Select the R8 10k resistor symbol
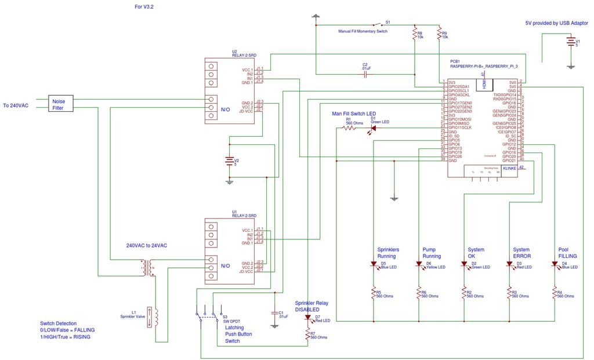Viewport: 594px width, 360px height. (415, 34)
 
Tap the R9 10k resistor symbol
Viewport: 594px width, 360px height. (440, 34)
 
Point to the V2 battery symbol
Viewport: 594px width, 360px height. (230, 161)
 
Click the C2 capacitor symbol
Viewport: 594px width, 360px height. (366, 75)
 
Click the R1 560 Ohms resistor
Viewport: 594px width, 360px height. (349, 128)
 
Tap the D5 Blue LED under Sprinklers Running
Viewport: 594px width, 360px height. (374, 264)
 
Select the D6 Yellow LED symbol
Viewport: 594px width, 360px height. (419, 264)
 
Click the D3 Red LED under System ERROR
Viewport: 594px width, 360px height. (509, 264)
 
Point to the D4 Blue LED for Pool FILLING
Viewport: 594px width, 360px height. (555, 264)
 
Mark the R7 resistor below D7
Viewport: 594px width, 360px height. (307, 335)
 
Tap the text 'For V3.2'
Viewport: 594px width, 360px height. (143, 7)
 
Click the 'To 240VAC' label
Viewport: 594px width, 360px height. (16, 106)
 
